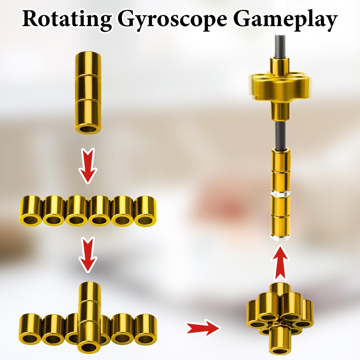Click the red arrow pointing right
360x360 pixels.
(x=203, y=327)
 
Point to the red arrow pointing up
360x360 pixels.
(x=279, y=262)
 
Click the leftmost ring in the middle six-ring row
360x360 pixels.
(x=31, y=211)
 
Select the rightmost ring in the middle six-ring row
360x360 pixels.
(x=145, y=211)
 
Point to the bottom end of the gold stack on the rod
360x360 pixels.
(x=279, y=234)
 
